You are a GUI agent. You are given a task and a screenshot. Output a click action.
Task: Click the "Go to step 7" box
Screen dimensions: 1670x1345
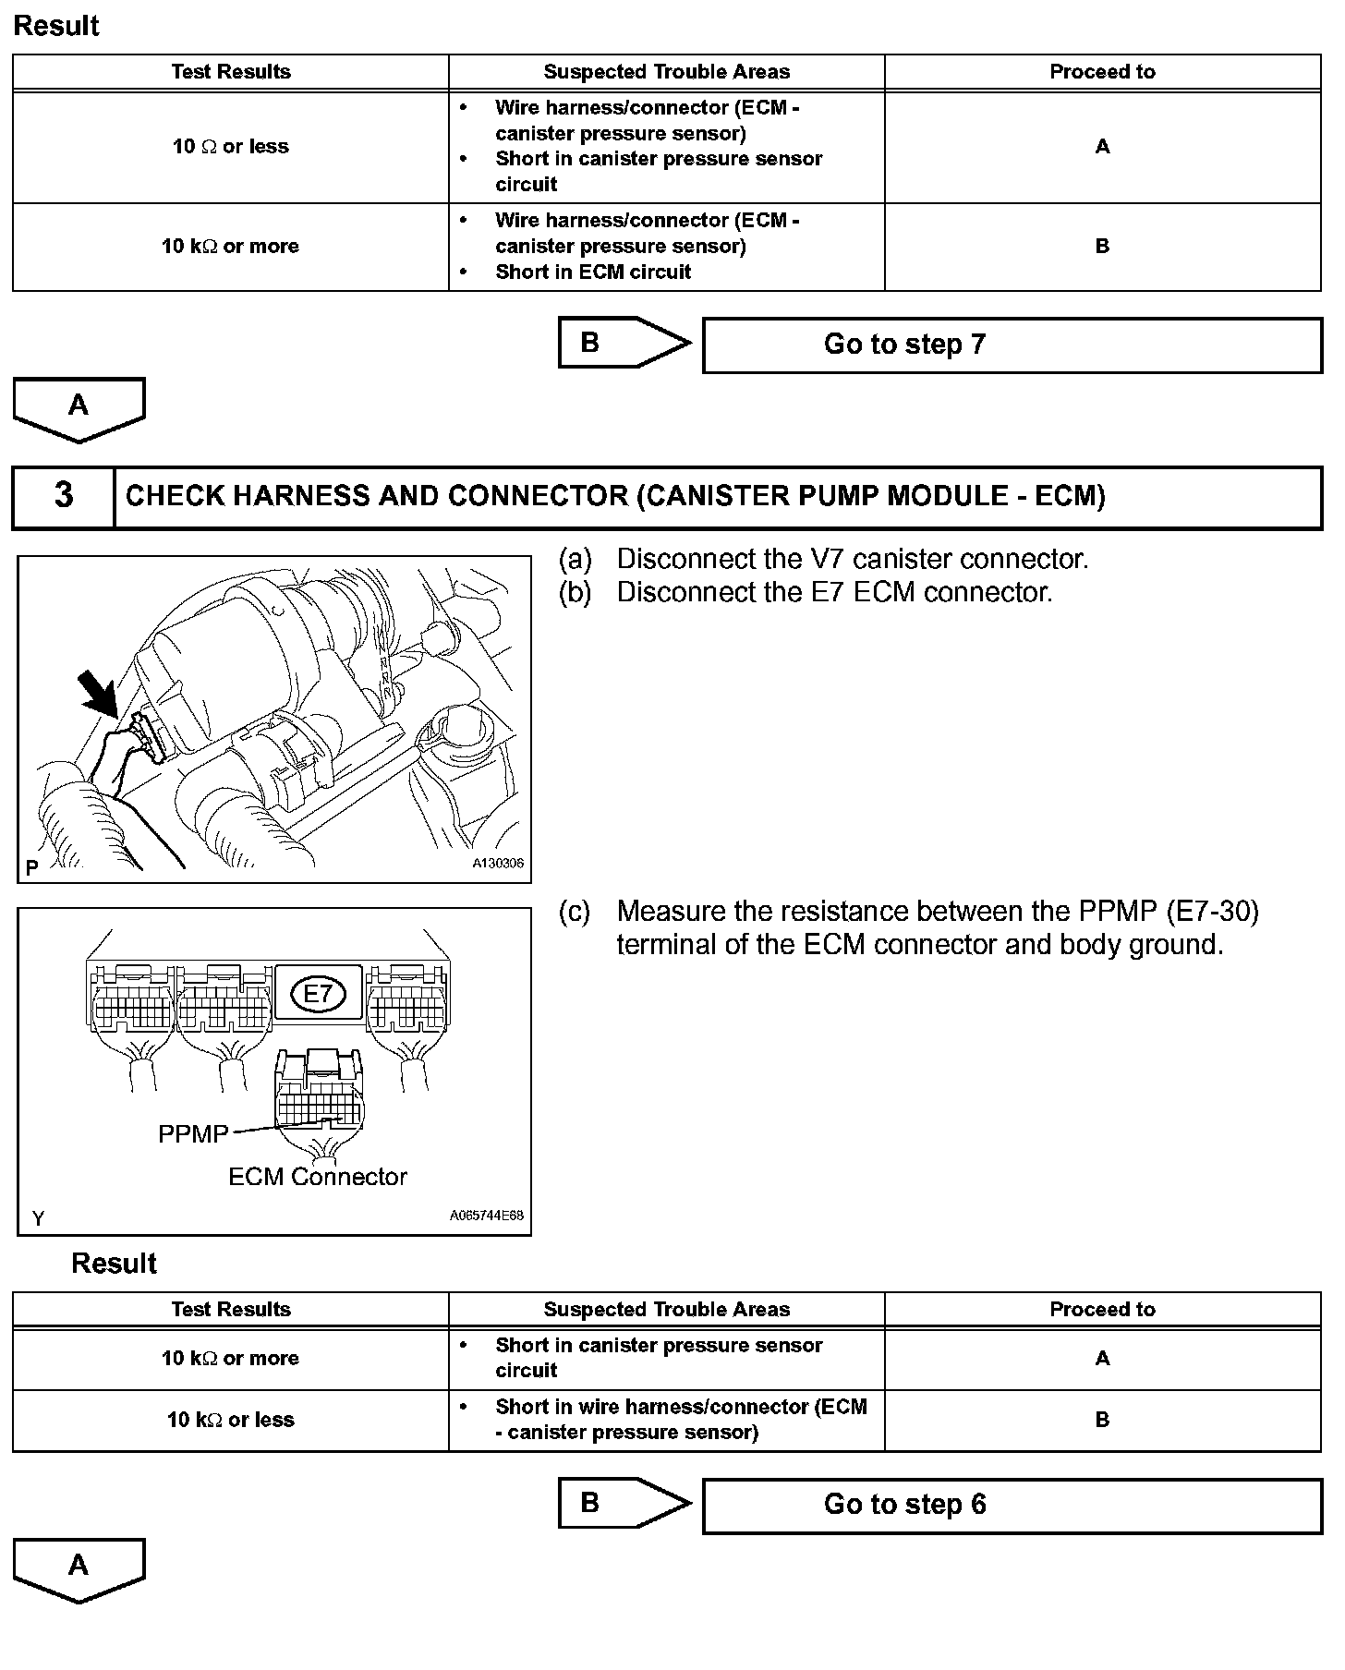pos(1012,345)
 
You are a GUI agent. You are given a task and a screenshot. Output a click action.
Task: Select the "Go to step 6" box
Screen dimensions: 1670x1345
pos(1012,1506)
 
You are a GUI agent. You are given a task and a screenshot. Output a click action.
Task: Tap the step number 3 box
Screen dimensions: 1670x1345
pos(63,496)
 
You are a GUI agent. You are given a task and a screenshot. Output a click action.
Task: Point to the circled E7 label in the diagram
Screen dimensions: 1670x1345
pos(317,994)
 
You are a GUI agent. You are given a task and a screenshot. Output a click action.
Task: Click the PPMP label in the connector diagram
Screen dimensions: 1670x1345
pos(193,1134)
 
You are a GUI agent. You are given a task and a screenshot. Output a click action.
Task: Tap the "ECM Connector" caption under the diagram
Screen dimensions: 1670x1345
pos(317,1177)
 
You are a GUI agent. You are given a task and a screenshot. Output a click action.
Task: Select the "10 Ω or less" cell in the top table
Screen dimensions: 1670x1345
pos(230,147)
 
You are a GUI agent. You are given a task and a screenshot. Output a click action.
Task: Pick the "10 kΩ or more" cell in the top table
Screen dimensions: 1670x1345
pos(230,247)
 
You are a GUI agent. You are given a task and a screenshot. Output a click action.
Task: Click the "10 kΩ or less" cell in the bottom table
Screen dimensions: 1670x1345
pos(230,1420)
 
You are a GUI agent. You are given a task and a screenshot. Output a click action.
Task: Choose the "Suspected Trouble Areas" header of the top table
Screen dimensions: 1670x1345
pos(666,72)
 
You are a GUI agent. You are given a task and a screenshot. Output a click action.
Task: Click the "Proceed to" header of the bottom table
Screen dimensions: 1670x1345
pos(1102,1309)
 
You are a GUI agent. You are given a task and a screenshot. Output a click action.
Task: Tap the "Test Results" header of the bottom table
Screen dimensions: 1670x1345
pos(230,1309)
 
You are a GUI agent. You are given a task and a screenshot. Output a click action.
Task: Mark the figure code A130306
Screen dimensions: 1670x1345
pos(498,864)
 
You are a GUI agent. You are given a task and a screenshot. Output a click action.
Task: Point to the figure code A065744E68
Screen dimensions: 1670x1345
pos(487,1216)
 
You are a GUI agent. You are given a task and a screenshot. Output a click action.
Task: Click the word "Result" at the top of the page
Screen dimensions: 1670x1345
pos(56,26)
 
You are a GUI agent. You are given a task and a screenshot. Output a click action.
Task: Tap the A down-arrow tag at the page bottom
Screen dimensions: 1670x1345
pos(79,1568)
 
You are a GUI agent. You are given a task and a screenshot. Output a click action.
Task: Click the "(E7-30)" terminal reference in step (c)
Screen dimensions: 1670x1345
pos(1212,912)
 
